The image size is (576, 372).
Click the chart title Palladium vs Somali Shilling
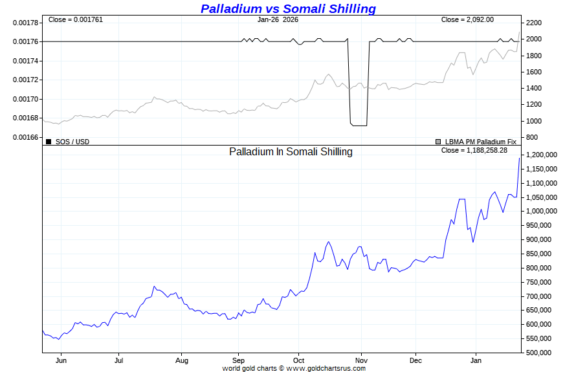click(288, 8)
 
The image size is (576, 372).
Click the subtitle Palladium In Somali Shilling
click(291, 151)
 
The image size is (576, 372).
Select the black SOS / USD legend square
click(49, 142)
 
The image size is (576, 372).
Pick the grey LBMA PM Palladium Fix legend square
click(438, 142)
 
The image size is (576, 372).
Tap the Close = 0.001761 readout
click(75, 19)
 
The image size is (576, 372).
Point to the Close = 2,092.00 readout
click(467, 19)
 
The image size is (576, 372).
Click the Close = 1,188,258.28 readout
click(474, 150)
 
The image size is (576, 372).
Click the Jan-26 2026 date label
click(278, 19)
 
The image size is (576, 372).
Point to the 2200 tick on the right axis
click(534, 23)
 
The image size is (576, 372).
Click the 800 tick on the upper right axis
click(531, 137)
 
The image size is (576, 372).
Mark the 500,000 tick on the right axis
click(538, 353)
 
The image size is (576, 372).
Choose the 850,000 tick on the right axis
click(538, 254)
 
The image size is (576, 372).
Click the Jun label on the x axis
click(61, 360)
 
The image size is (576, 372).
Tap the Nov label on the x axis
click(361, 360)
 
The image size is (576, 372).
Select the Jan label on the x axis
click(476, 360)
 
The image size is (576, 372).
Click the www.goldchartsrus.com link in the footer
click(326, 368)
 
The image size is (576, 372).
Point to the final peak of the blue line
click(519, 158)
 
